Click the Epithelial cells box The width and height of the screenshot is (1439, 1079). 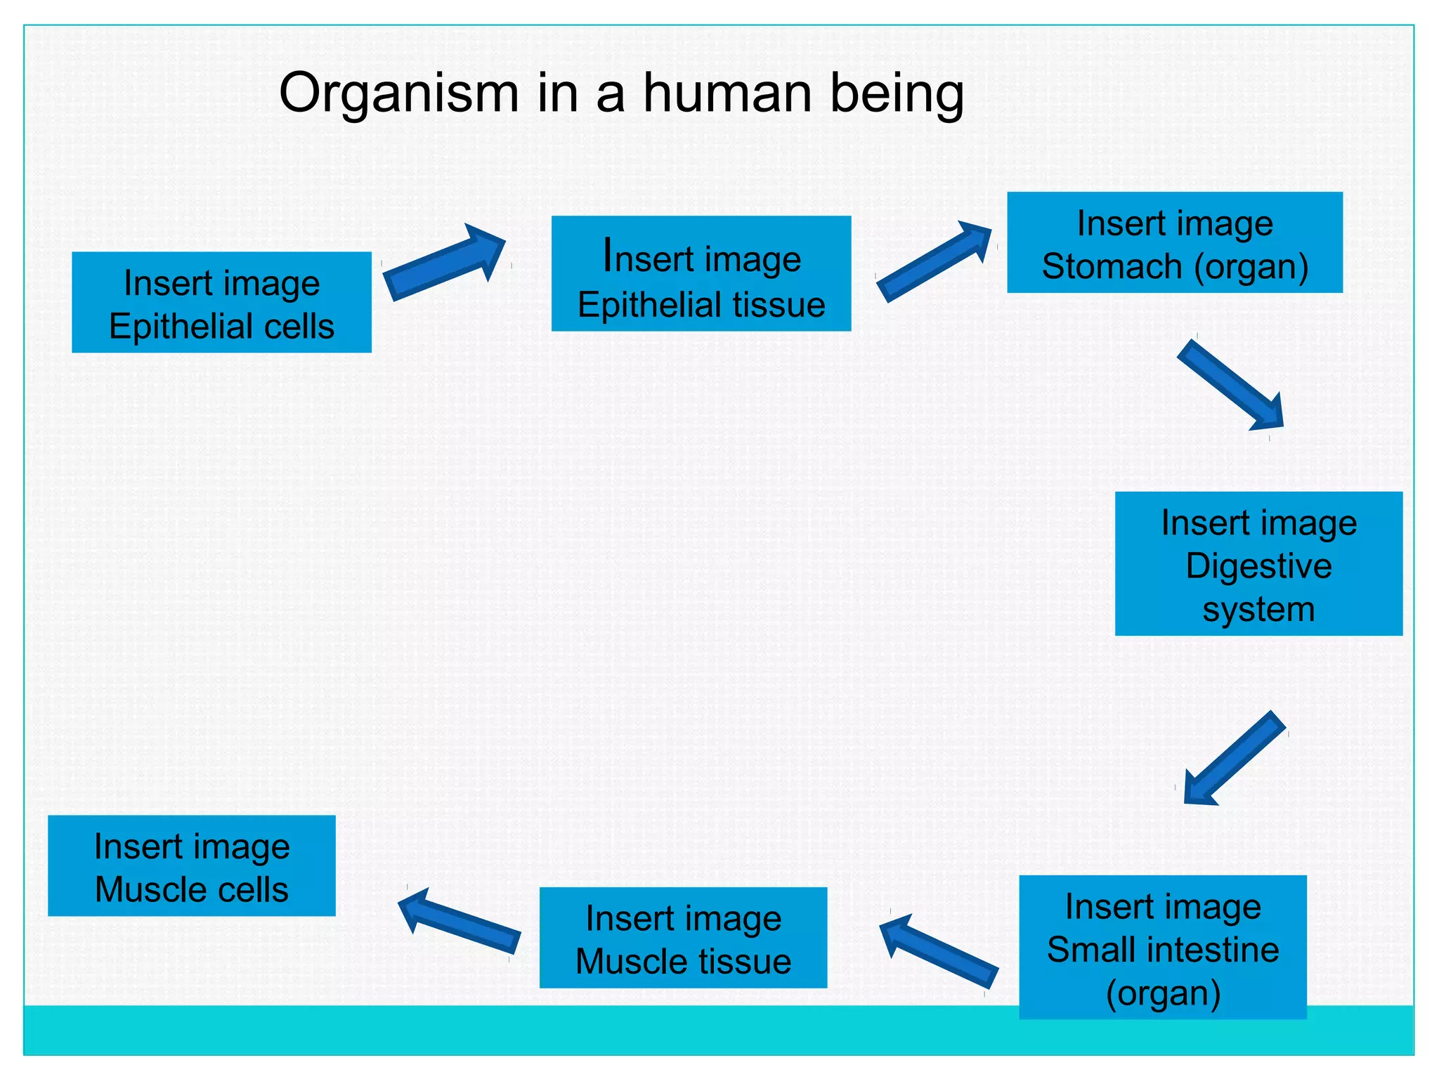tap(221, 302)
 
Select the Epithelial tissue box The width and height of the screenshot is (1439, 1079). tap(701, 273)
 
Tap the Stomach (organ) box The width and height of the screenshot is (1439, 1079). tap(1174, 242)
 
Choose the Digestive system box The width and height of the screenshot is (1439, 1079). tap(1258, 563)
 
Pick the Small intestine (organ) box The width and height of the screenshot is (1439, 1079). tap(1162, 946)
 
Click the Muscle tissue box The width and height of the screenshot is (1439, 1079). tap(682, 937)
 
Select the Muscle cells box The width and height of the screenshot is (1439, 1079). tap(191, 865)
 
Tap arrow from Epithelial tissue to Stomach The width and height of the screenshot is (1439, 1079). tap(934, 262)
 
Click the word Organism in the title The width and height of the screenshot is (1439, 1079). tap(398, 93)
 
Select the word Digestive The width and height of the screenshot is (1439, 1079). tap(1258, 565)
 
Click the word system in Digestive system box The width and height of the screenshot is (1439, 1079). tap(1258, 609)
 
